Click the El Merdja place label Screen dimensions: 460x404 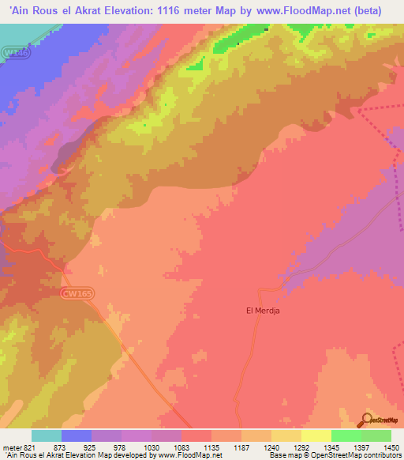[264, 311]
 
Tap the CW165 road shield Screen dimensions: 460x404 [77, 292]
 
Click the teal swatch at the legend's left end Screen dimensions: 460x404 [47, 435]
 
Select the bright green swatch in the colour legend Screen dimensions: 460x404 [346, 435]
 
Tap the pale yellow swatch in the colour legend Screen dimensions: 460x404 [316, 435]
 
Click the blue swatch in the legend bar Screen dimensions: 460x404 [77, 435]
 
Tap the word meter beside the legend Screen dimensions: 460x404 [12, 447]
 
